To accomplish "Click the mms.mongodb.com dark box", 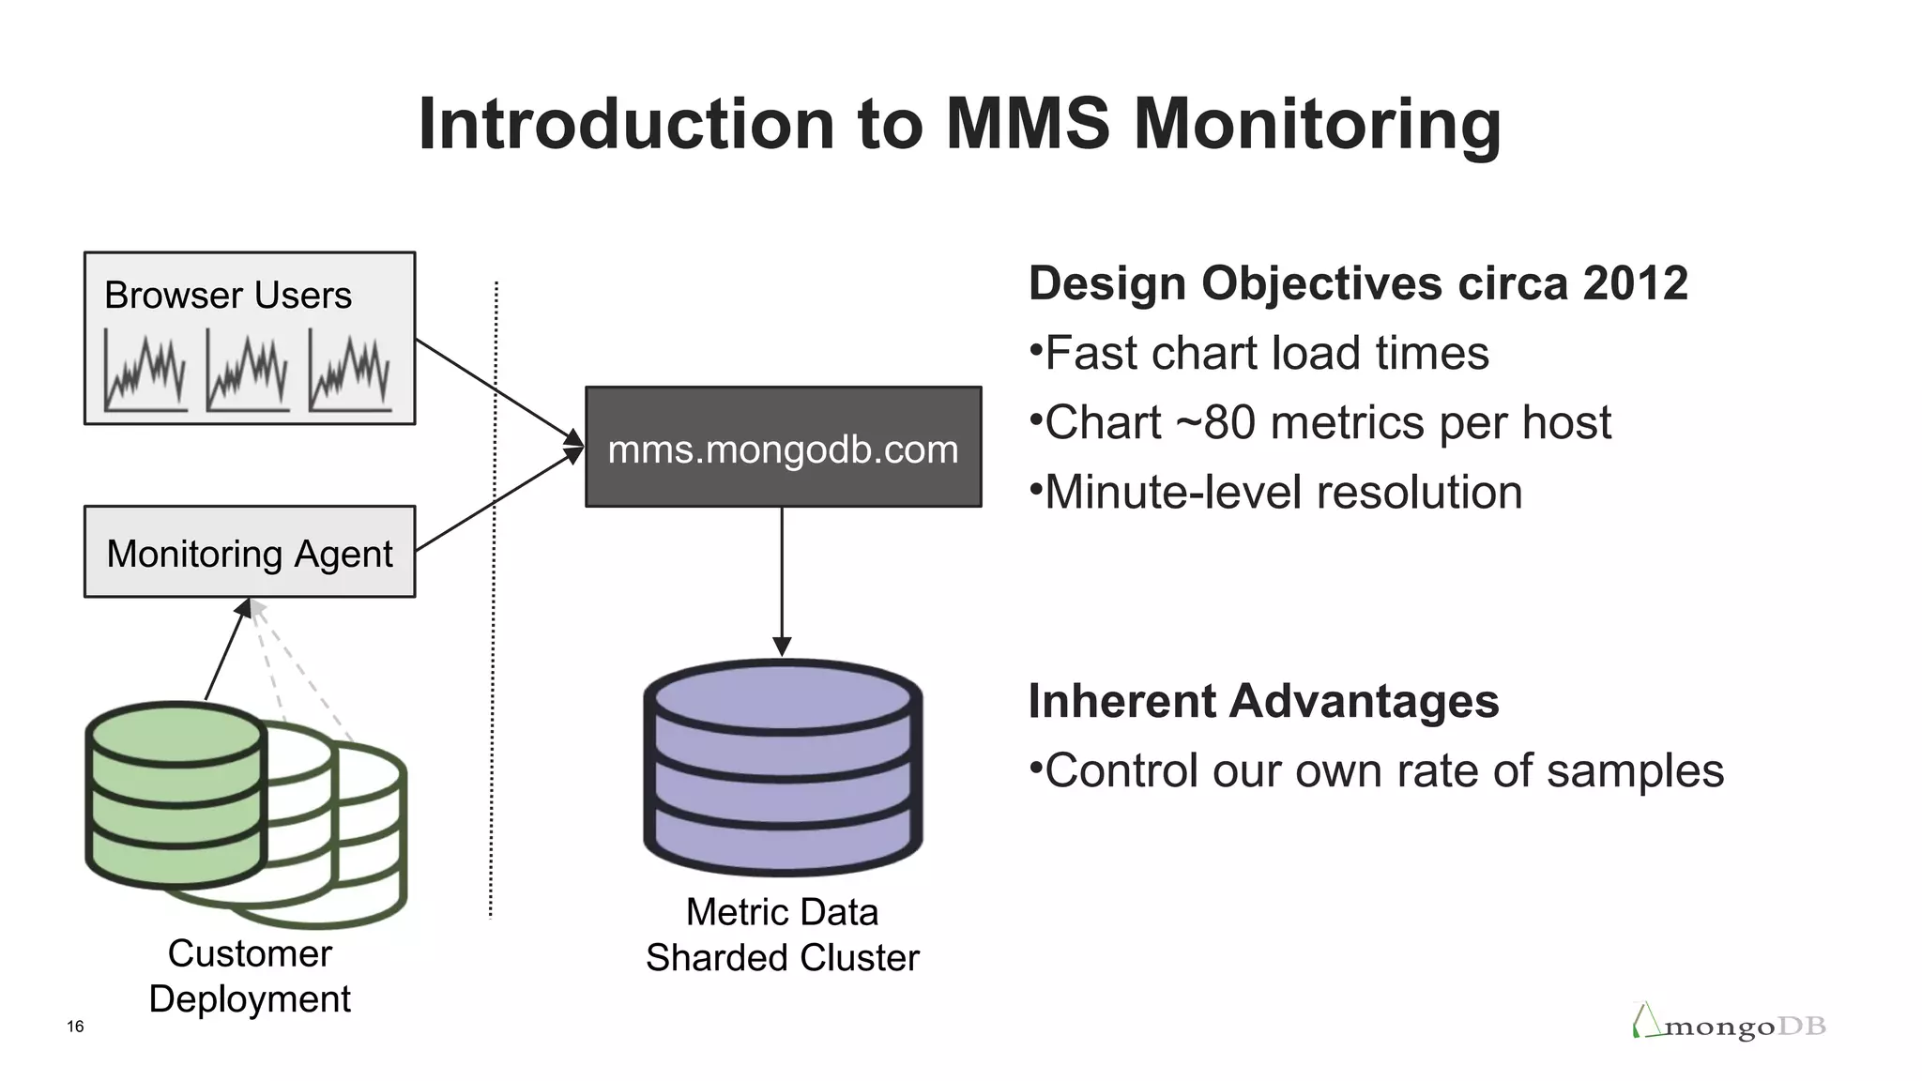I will click(783, 448).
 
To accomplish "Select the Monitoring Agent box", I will click(250, 553).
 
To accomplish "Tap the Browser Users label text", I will click(227, 296).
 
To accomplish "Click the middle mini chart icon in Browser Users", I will click(248, 373).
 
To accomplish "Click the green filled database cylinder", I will click(175, 796).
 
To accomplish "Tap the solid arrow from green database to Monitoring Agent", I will click(226, 651).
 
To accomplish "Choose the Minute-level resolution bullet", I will click(1282, 493).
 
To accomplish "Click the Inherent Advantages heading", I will click(1263, 701).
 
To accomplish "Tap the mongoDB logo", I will click(1729, 1024).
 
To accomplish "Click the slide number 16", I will click(75, 1027).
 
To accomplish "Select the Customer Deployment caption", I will click(250, 976).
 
